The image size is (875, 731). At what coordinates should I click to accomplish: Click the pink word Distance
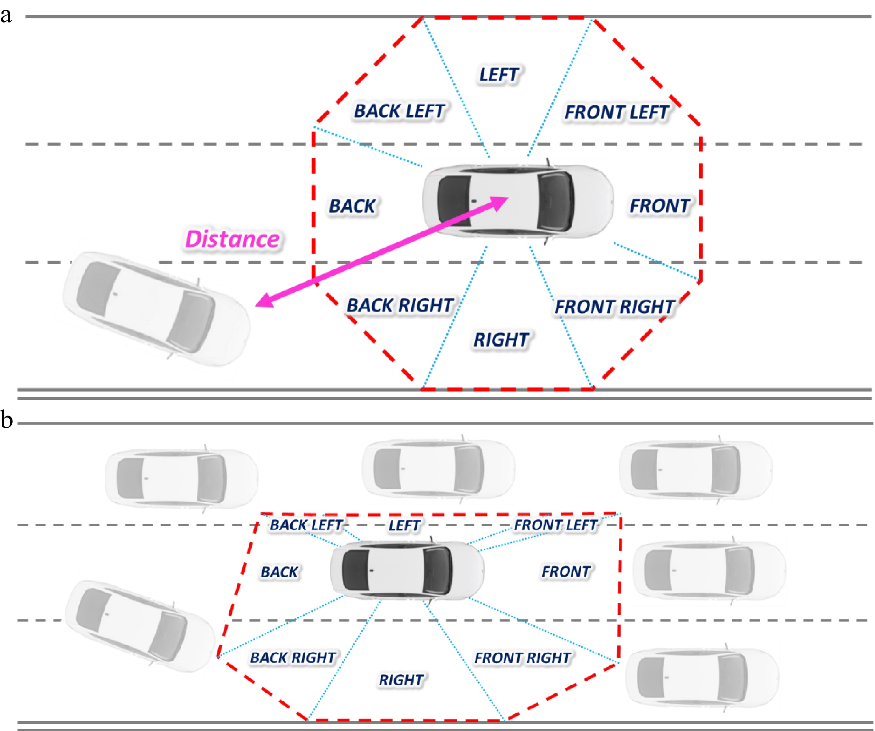[x=232, y=239]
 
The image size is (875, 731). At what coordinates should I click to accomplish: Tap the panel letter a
[x=6, y=15]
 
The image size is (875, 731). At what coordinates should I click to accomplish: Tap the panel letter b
[x=7, y=420]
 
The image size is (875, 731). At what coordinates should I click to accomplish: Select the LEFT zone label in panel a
[x=499, y=75]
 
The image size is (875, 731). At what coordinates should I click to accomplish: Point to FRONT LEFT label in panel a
[x=616, y=112]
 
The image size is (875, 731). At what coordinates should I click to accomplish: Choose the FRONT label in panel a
[x=660, y=206]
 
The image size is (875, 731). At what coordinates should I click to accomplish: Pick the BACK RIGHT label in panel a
[x=400, y=305]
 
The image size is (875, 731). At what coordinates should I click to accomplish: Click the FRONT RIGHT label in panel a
[x=614, y=307]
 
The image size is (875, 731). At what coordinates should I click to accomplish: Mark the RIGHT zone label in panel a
[x=501, y=340]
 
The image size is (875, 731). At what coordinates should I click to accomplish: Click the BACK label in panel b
[x=279, y=572]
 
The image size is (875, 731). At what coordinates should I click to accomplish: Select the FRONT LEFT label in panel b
[x=556, y=525]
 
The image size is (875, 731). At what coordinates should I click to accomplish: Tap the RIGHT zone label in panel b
[x=401, y=680]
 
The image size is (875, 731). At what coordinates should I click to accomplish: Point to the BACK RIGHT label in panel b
[x=293, y=658]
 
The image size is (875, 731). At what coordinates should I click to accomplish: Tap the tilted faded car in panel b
[x=139, y=626]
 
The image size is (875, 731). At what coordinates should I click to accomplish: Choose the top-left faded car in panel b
[x=181, y=478]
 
